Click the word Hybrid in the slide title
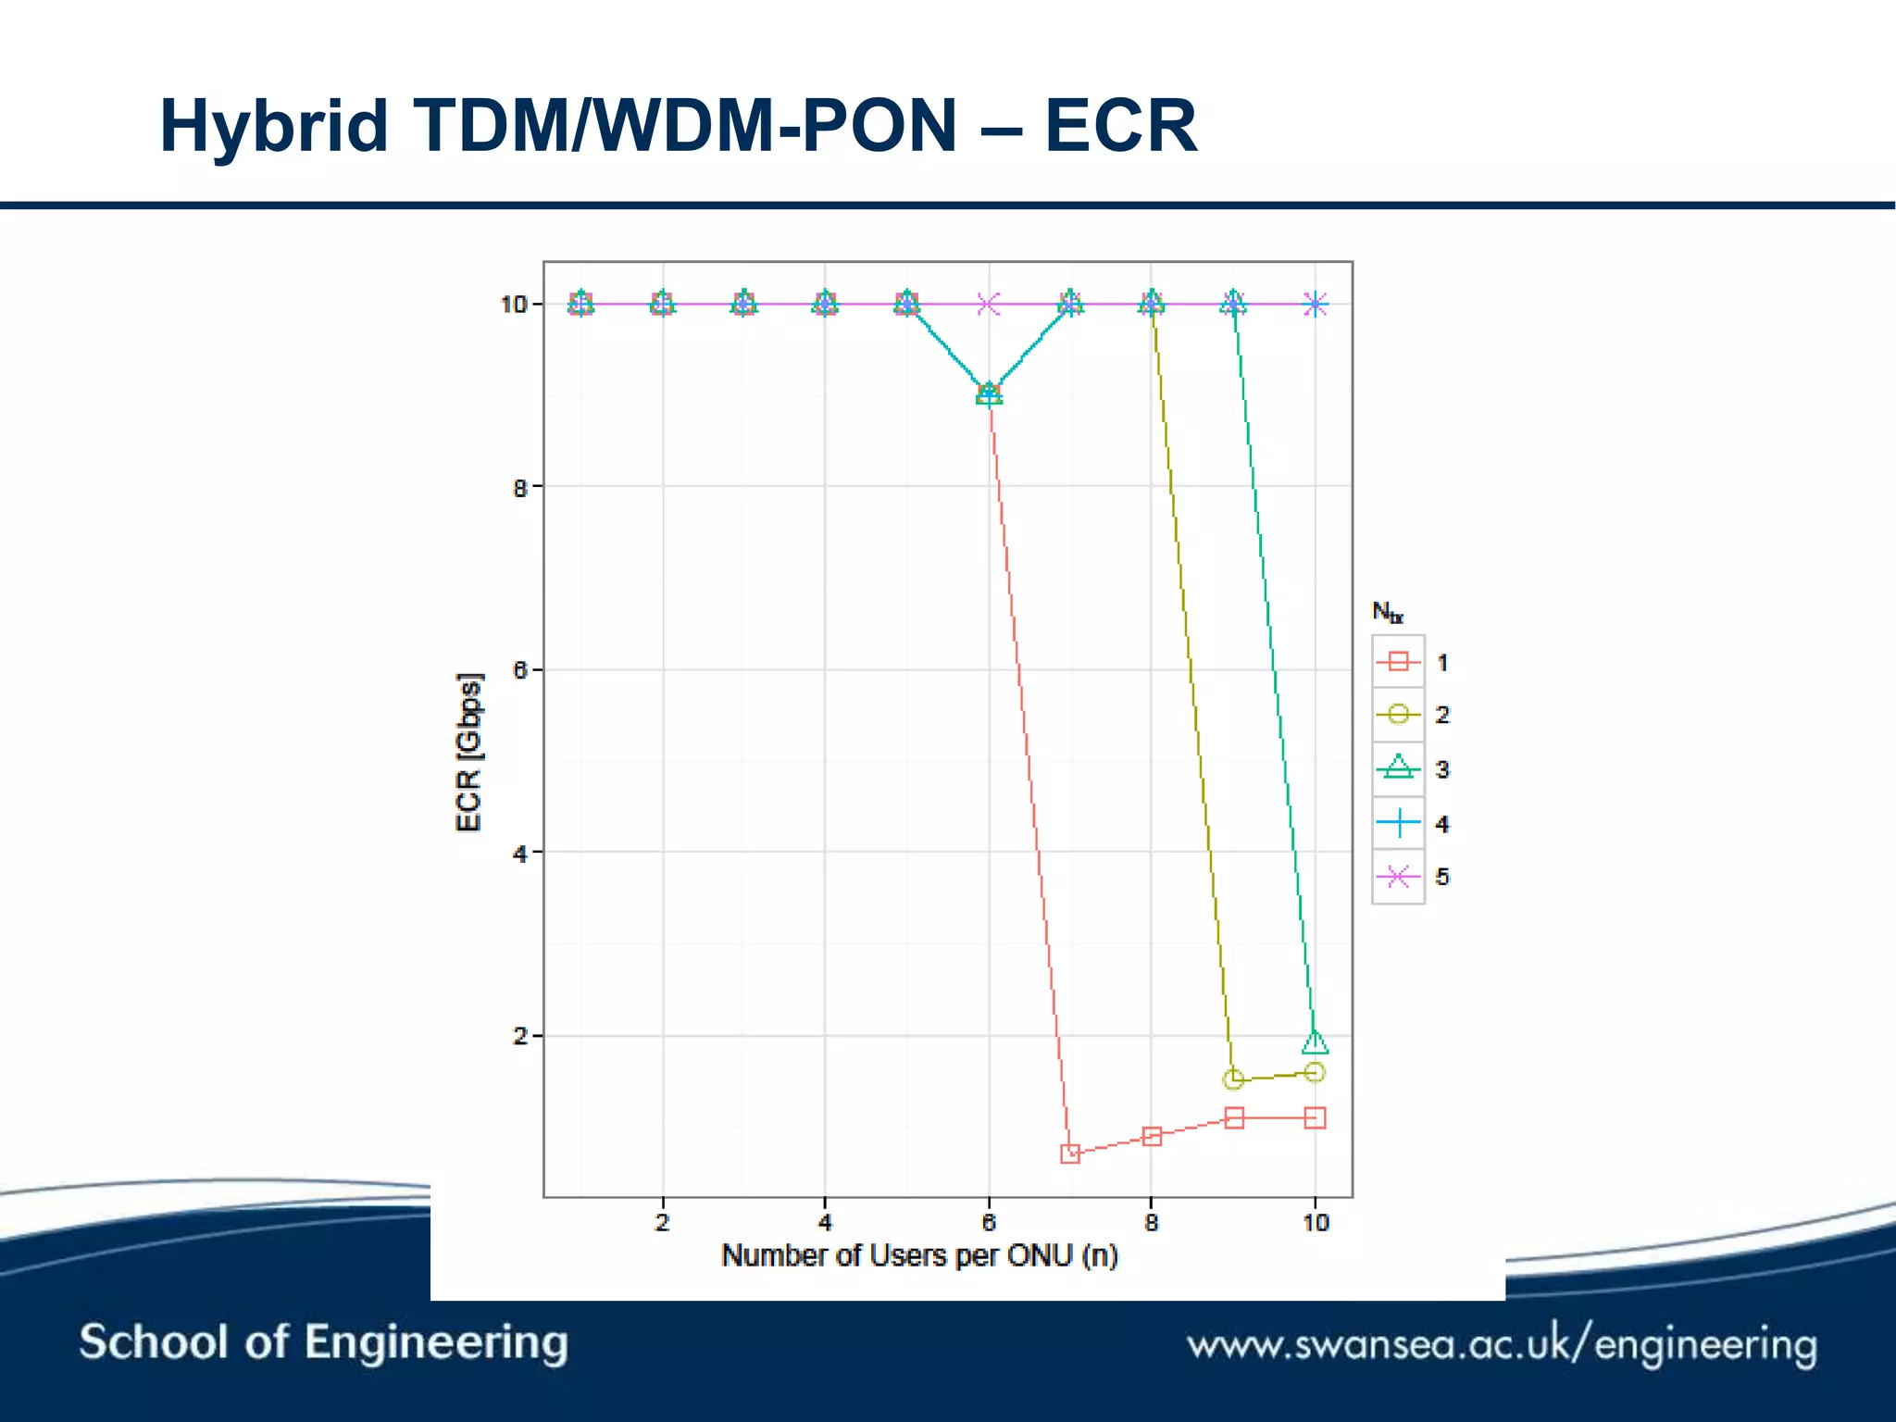pos(273,127)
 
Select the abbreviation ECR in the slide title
pos(1120,127)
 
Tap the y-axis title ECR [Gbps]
pos(469,752)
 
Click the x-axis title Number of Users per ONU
pos(919,1255)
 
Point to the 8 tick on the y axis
pos(520,487)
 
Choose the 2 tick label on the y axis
pos(520,1036)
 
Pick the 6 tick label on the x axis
pos(989,1223)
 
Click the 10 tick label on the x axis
pos(1315,1223)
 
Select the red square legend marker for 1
pos(1398,661)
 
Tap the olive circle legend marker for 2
pos(1398,714)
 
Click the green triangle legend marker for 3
pos(1398,767)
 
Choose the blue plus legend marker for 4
pos(1398,822)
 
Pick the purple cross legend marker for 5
pos(1398,876)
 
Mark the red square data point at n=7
pos(1070,1154)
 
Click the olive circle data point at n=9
pos(1233,1079)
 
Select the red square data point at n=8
pos(1152,1136)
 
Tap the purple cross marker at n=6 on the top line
pos(989,304)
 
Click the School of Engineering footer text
pos(323,1342)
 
